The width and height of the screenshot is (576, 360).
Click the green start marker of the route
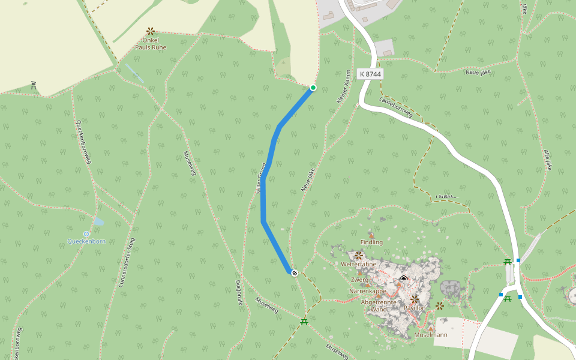point(313,88)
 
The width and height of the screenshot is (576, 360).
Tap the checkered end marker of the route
point(295,273)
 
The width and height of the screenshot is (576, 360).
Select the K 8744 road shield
point(370,74)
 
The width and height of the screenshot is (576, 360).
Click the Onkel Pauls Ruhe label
point(151,44)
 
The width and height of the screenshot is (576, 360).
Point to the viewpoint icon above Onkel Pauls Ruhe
point(150,30)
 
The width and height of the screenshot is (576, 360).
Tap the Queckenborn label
point(87,242)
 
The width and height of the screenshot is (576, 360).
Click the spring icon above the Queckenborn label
point(86,233)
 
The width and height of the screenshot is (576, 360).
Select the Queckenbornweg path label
point(83,141)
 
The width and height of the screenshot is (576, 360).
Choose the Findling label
point(371,242)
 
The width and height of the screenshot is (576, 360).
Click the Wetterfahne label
point(358,265)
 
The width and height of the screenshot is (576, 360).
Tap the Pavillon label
point(415,308)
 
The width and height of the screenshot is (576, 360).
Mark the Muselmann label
point(431,335)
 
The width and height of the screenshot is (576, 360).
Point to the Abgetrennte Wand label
point(379,306)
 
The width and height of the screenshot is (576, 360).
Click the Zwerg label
point(360,280)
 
